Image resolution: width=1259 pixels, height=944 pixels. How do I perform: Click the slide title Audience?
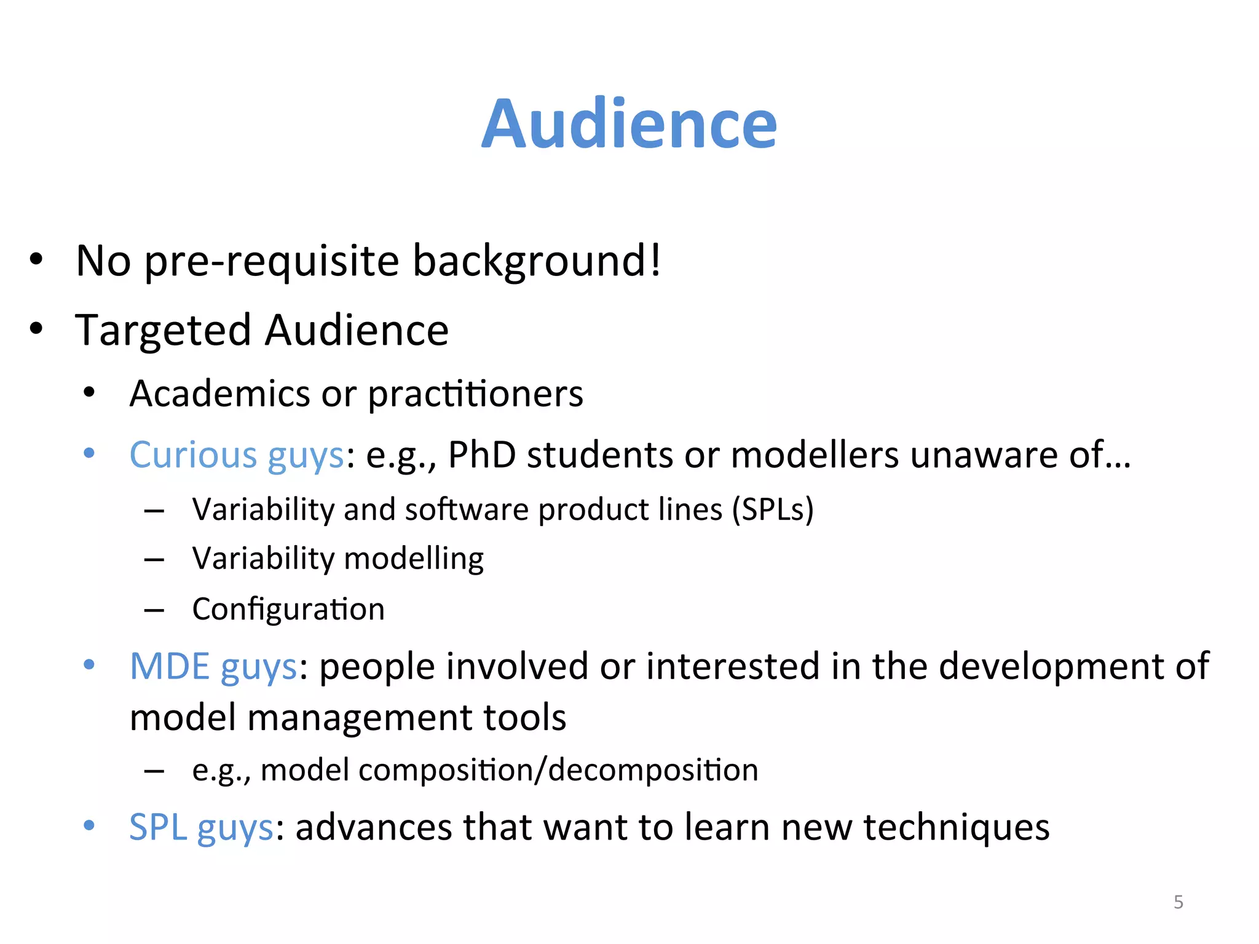(629, 125)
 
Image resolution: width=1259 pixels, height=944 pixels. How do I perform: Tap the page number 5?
(1178, 902)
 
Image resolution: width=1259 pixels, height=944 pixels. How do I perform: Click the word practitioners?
(475, 393)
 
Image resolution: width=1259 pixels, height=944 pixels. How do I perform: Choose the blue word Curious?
(193, 455)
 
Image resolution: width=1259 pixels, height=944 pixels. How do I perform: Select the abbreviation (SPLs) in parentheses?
(773, 509)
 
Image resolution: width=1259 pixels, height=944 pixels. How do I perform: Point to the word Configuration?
(288, 610)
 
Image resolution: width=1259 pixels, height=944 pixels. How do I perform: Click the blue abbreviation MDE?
(170, 666)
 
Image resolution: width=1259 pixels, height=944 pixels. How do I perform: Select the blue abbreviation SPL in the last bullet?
(158, 827)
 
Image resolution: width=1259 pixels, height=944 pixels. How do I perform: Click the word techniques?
(957, 827)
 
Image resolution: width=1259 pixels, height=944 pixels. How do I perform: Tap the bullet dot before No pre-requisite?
(36, 259)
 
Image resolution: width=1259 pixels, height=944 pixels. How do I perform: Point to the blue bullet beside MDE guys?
(89, 664)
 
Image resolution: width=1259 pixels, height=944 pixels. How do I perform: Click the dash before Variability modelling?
(154, 560)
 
